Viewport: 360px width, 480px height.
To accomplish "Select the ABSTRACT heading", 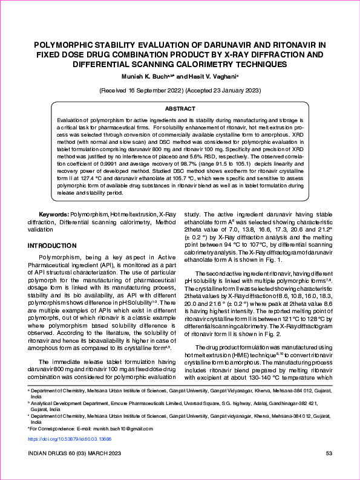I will pos(180,108).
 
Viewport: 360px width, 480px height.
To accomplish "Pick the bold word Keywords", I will pos(54,215).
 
